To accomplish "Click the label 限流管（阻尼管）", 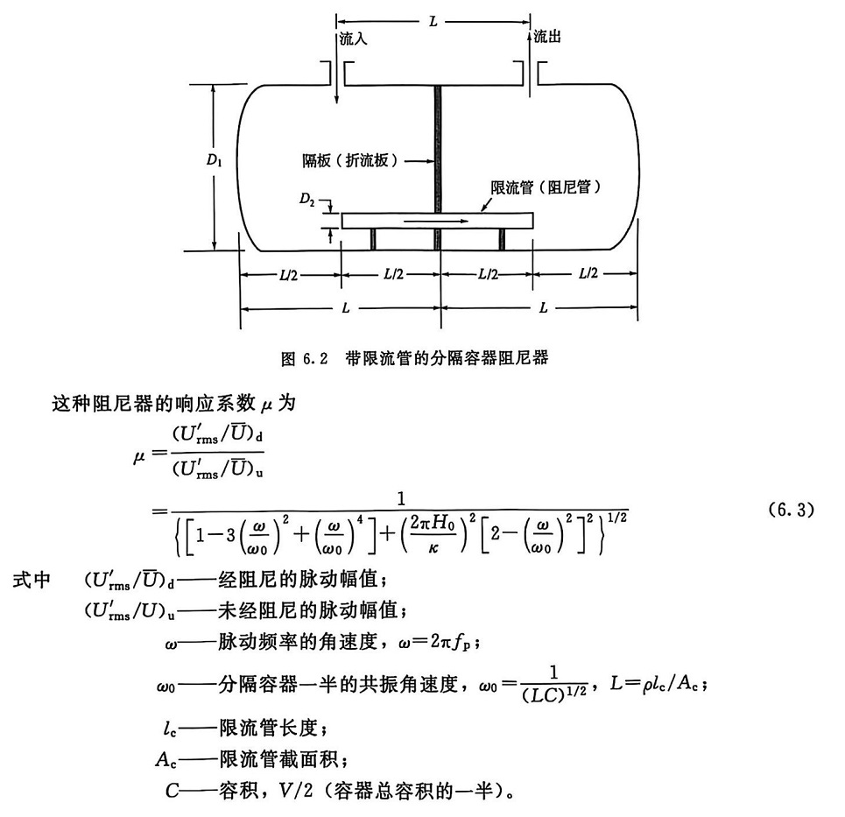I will point(549,187).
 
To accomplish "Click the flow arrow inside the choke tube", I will point(435,222).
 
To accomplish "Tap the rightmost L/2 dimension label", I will point(588,274).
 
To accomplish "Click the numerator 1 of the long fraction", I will point(402,500).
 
